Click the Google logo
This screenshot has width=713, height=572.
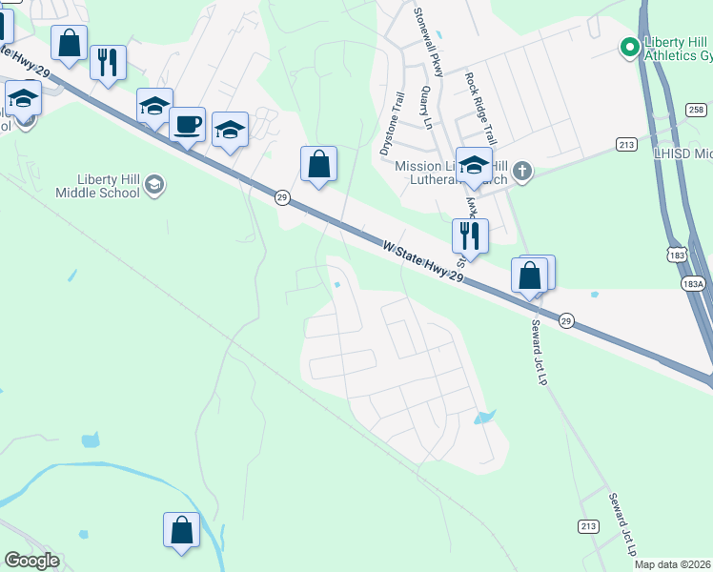point(31,561)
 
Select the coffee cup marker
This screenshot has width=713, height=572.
point(188,124)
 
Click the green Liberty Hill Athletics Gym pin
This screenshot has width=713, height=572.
point(629,46)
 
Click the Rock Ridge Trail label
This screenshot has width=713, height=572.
point(480,105)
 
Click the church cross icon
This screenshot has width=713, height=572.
point(520,173)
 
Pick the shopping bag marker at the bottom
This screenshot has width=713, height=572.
point(181,531)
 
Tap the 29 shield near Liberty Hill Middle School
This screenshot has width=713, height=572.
point(282,197)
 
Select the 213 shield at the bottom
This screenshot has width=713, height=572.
point(587,526)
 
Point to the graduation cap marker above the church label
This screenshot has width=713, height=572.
point(474,165)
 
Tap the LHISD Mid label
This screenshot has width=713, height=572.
point(682,153)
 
